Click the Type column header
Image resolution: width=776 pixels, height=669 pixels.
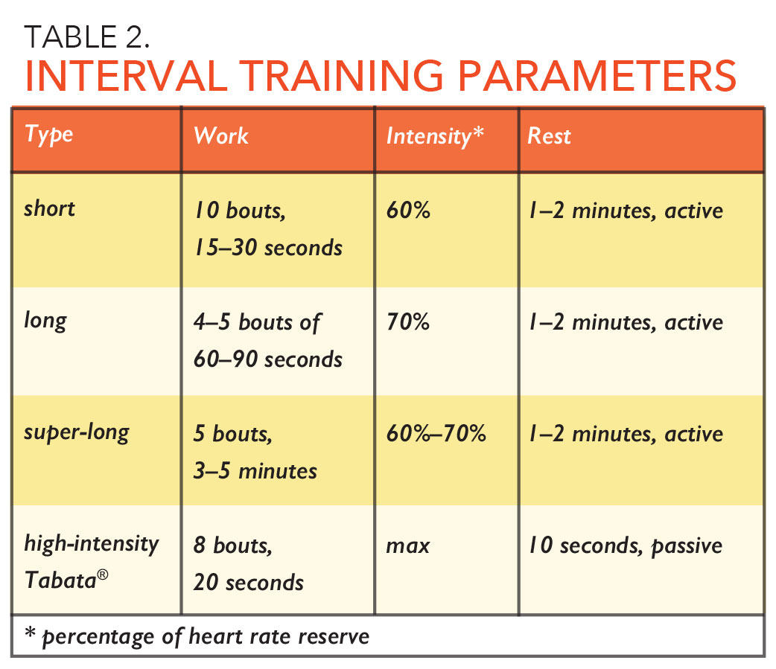point(49,135)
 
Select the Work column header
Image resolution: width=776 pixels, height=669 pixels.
point(221,135)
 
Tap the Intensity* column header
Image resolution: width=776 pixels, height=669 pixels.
point(435,136)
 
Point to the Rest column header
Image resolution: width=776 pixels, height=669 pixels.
point(550,136)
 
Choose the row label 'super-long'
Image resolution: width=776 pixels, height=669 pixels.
point(77,432)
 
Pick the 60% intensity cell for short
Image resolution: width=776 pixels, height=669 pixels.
point(408,211)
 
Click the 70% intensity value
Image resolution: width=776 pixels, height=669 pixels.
point(408,322)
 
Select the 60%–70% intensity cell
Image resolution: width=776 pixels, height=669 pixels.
point(436,434)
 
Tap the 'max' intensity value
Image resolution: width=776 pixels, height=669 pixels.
point(408,546)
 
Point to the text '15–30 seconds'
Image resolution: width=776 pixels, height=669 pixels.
point(268,248)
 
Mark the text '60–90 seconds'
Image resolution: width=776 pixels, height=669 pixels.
point(268,359)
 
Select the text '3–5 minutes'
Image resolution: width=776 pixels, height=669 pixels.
point(255,471)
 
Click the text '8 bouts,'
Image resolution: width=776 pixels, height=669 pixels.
point(233,546)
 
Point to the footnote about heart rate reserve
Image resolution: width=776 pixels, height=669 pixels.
point(197,638)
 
